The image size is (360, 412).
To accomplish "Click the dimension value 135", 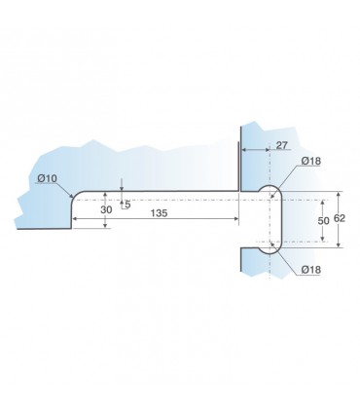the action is pyautogui.click(x=159, y=213).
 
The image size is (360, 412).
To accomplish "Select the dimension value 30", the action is pyautogui.click(x=106, y=209).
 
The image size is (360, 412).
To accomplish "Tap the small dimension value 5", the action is pyautogui.click(x=127, y=205).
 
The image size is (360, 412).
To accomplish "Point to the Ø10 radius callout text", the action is pyautogui.click(x=47, y=178).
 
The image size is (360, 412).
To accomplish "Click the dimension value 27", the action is pyautogui.click(x=281, y=145).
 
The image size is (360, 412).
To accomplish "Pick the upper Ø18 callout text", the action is pyautogui.click(x=310, y=161).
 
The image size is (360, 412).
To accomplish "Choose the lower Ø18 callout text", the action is pyautogui.click(x=310, y=270).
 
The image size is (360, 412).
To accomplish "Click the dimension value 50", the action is pyautogui.click(x=323, y=221).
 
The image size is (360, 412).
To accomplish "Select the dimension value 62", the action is pyautogui.click(x=340, y=218).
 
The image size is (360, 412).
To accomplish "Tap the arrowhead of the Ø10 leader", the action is pyautogui.click(x=71, y=196).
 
